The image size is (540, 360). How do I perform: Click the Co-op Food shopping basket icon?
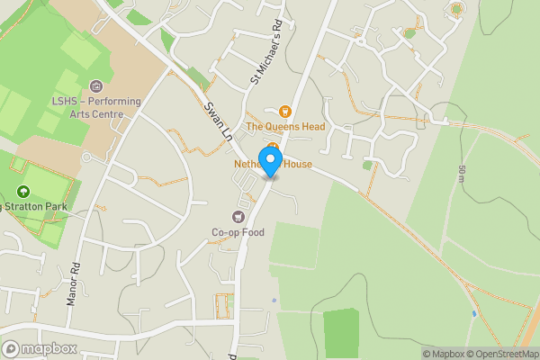(x=238, y=216)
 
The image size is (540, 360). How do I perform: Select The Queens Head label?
(x=285, y=128)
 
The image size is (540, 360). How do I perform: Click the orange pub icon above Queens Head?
(x=285, y=112)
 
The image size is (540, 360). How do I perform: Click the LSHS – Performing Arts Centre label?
(x=96, y=107)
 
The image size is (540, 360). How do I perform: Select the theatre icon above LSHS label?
(x=95, y=85)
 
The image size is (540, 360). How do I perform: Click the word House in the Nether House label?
(x=298, y=165)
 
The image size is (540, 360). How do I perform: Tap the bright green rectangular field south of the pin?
(x=341, y=332)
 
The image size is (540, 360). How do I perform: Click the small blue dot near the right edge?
(x=474, y=313)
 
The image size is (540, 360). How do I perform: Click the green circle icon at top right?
(x=456, y=9)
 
